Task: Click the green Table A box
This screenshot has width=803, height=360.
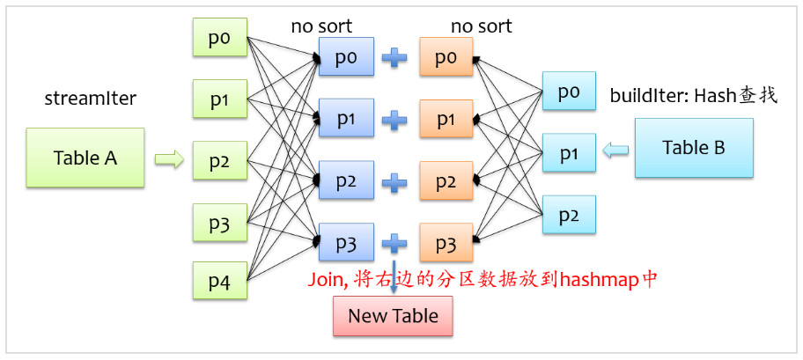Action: (85, 158)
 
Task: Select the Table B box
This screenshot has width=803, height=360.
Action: (693, 147)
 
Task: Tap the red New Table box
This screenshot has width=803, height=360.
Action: (393, 316)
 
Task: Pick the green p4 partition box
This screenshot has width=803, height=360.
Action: (219, 283)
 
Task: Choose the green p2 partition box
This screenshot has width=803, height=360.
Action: (219, 161)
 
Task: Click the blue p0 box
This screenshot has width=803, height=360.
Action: (347, 58)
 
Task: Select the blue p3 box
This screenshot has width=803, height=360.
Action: (347, 243)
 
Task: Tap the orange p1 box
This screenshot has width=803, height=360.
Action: (447, 120)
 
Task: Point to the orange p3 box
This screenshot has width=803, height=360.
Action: (447, 243)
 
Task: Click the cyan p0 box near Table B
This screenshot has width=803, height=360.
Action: (569, 92)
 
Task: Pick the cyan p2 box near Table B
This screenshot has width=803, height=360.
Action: (569, 215)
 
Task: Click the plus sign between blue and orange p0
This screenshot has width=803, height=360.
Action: (395, 58)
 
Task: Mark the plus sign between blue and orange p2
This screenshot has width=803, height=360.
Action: (395, 182)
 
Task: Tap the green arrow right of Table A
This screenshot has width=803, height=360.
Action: (169, 159)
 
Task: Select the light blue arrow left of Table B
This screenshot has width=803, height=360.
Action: (615, 152)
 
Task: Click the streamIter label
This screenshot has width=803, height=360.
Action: (91, 99)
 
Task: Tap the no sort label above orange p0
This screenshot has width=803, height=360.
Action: (481, 26)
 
